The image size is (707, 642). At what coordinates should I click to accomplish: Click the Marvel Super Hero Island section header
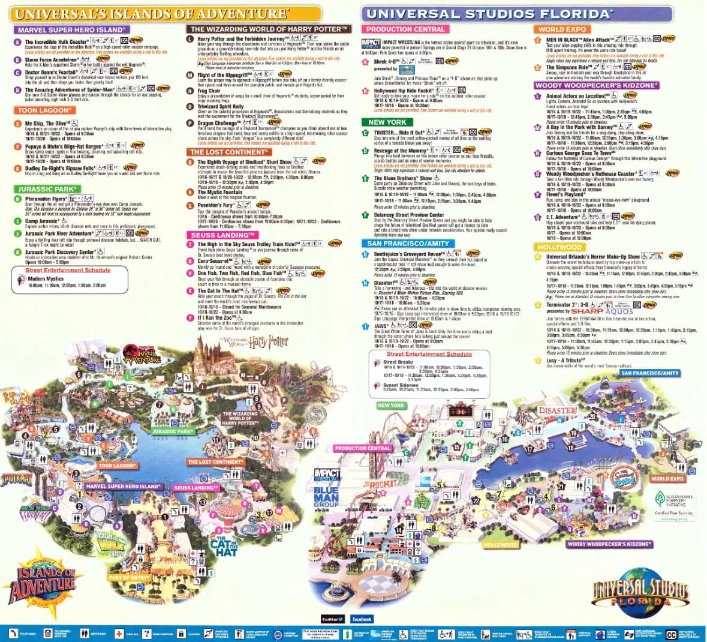click(71, 29)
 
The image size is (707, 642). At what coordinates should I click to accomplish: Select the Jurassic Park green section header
click(47, 189)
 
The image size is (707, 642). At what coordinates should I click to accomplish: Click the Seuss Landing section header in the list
click(222, 235)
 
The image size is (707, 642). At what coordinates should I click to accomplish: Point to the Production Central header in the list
click(405, 29)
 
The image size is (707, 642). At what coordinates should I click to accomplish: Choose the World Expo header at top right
click(562, 29)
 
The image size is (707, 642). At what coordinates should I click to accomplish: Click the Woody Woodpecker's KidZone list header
click(597, 86)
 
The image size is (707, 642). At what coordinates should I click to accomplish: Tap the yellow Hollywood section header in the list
click(559, 247)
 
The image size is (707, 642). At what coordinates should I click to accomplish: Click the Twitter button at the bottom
click(333, 619)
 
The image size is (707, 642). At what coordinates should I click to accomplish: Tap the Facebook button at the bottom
click(362, 619)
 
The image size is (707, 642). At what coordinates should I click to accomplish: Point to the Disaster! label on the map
click(557, 411)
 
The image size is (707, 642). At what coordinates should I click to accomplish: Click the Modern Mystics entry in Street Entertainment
click(46, 279)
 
